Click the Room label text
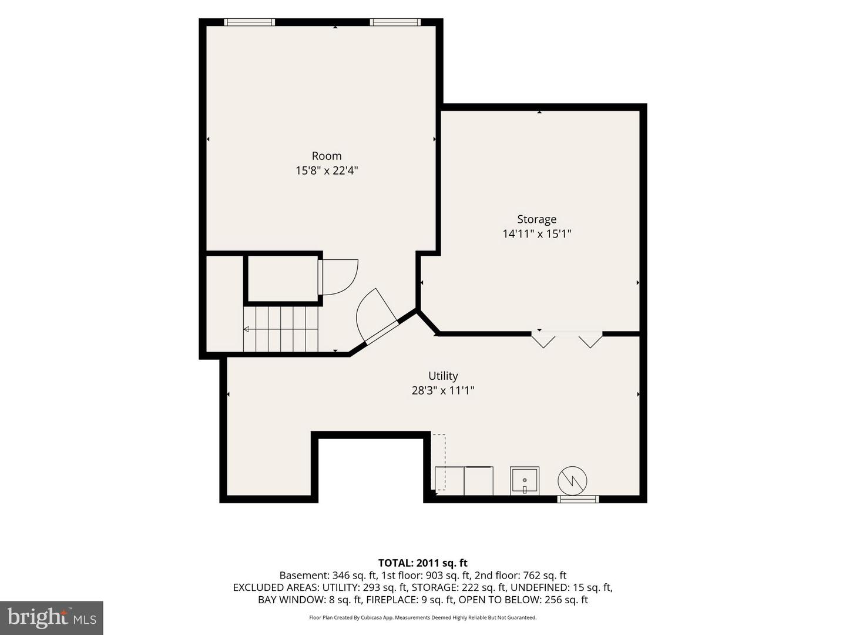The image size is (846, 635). point(327,156)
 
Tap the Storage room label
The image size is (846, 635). point(536,219)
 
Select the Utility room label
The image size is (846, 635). point(443,376)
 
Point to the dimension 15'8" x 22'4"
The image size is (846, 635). point(327,171)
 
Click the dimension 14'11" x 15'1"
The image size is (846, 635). point(536,234)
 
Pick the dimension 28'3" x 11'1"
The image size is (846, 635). point(443,390)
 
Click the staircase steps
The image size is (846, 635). point(281,329)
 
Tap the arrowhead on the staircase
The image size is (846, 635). point(246,329)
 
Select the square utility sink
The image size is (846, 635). point(525,480)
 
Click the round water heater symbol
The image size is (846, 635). point(572,481)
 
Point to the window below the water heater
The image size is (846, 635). point(578,499)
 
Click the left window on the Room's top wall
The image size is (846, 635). point(250,22)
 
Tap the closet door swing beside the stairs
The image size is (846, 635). point(339,277)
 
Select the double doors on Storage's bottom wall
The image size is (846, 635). point(566,339)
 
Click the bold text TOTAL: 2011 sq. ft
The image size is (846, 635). point(423,563)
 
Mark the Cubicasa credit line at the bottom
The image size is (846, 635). point(423,617)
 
